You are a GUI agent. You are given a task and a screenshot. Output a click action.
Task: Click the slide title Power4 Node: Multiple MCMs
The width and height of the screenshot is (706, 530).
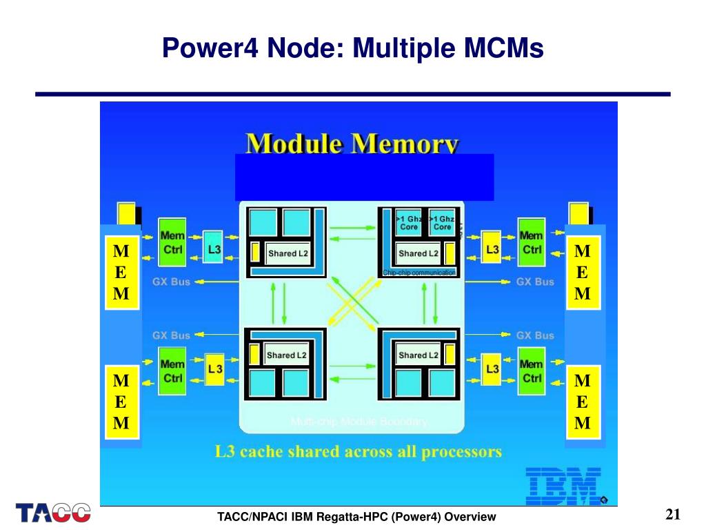point(353,48)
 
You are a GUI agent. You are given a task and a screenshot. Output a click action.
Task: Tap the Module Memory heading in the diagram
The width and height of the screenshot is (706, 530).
point(352,144)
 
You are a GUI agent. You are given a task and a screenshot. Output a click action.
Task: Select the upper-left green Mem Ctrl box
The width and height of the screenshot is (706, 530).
point(173,243)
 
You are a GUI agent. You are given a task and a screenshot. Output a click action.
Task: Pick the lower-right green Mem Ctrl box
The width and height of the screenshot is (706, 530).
point(531,371)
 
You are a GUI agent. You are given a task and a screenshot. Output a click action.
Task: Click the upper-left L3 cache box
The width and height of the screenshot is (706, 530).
point(213,250)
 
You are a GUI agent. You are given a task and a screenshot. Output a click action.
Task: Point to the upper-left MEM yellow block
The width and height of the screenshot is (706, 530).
point(121,271)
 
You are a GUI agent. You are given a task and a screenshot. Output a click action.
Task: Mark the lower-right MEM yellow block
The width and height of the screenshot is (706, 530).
point(583,402)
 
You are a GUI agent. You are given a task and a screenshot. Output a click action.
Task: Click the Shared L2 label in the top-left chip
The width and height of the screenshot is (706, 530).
point(288,253)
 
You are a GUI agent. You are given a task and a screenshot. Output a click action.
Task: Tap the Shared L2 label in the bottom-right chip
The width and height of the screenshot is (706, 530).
point(418,355)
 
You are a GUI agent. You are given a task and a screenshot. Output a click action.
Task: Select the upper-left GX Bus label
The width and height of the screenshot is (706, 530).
point(171,282)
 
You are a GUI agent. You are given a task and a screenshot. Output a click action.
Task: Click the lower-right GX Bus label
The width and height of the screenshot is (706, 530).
point(535,335)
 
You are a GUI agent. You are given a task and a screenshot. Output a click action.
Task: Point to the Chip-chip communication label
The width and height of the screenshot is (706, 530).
point(419,273)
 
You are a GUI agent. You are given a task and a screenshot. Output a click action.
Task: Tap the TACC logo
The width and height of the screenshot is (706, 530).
point(54,513)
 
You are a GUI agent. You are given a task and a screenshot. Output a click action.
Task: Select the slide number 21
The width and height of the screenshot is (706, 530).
point(673,515)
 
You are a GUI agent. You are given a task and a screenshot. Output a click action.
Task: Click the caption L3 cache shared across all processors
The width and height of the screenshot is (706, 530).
point(358,453)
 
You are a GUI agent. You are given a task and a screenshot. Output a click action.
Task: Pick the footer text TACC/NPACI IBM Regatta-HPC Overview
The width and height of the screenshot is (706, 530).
point(356,517)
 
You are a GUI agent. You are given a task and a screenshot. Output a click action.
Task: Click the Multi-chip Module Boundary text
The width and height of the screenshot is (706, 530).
point(359,422)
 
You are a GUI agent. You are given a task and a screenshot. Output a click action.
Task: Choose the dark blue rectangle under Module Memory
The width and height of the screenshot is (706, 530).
point(365,177)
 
